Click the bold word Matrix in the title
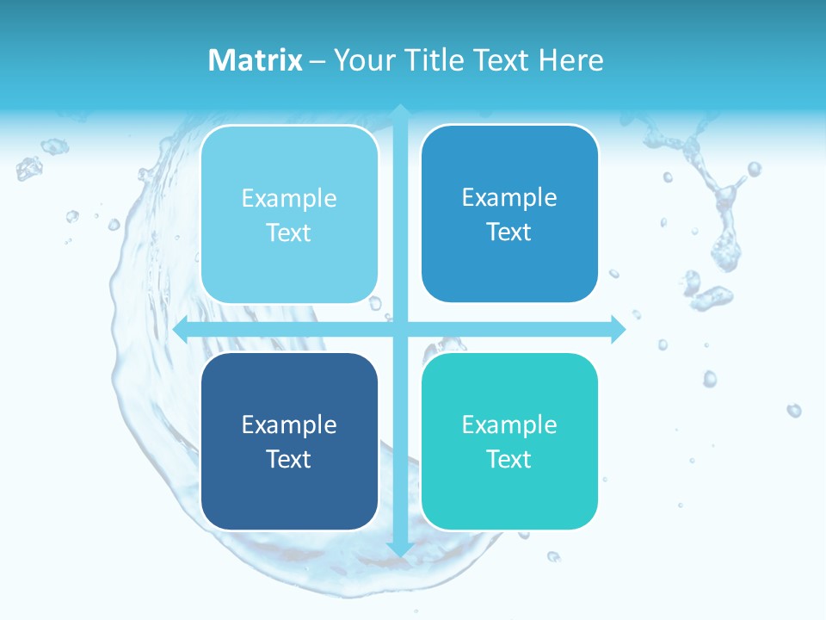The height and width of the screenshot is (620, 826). point(256,60)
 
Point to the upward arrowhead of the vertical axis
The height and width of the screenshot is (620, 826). point(400,111)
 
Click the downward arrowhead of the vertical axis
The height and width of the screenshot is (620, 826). point(400,549)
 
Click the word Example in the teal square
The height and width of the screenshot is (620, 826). point(509,425)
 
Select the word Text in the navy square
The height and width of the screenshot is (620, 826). point(289,459)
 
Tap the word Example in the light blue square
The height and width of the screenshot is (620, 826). point(289,198)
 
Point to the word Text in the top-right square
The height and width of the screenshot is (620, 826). point(509,232)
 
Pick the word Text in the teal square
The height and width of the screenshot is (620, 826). point(509,459)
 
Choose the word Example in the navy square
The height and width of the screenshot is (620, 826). point(289,425)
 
